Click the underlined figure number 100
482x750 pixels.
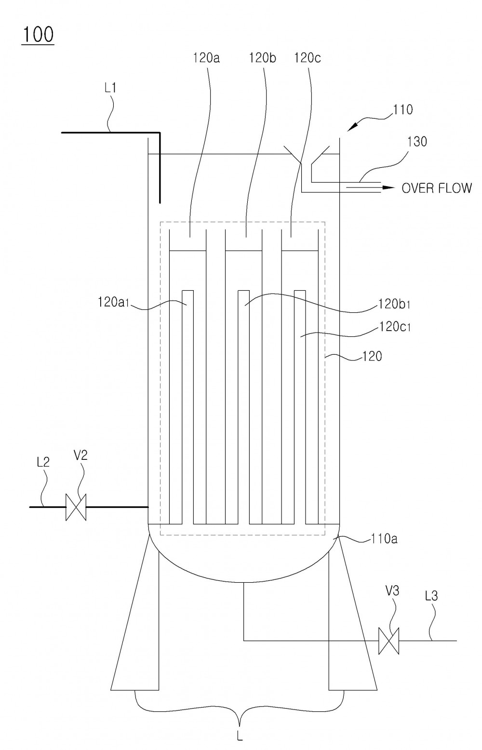point(38,35)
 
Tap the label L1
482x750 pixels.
point(110,88)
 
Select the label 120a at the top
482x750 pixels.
point(206,58)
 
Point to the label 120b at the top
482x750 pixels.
point(262,58)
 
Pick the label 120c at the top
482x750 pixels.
point(308,58)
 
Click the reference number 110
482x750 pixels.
point(402,109)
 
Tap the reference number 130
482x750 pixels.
point(417,142)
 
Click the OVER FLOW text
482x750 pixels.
point(437,188)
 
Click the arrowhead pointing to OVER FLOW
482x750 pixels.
point(388,187)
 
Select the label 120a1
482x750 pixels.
point(113,302)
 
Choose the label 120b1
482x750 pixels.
point(394,304)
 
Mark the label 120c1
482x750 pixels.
point(395,326)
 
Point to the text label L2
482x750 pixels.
point(43,462)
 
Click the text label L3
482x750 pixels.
point(431,596)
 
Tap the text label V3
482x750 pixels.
point(392,591)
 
